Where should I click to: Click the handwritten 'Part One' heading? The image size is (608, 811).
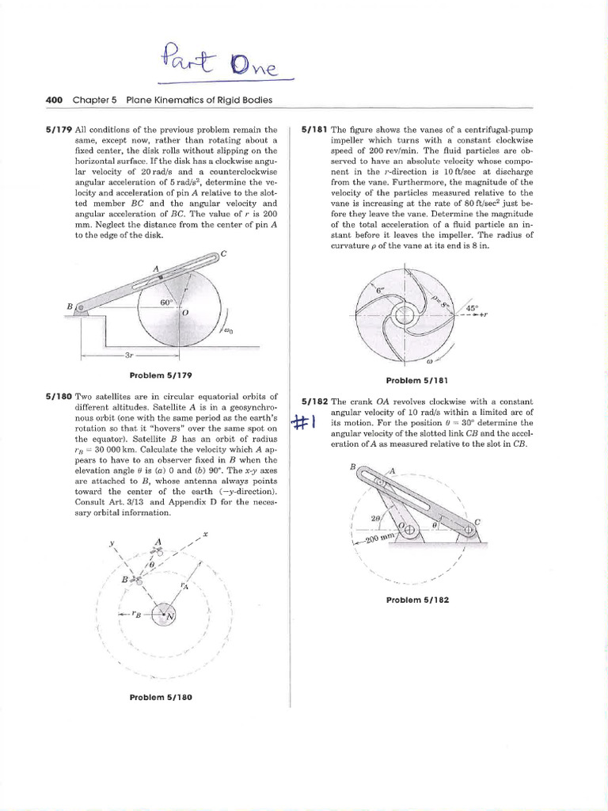click(x=225, y=66)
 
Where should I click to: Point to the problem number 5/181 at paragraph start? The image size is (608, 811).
click(x=314, y=129)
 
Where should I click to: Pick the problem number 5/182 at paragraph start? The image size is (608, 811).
click(x=314, y=402)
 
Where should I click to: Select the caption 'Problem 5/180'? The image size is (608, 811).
click(x=161, y=697)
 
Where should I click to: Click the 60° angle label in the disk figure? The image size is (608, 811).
click(x=166, y=302)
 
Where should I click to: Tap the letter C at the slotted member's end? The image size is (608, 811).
click(x=223, y=253)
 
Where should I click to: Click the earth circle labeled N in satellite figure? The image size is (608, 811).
click(x=166, y=614)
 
